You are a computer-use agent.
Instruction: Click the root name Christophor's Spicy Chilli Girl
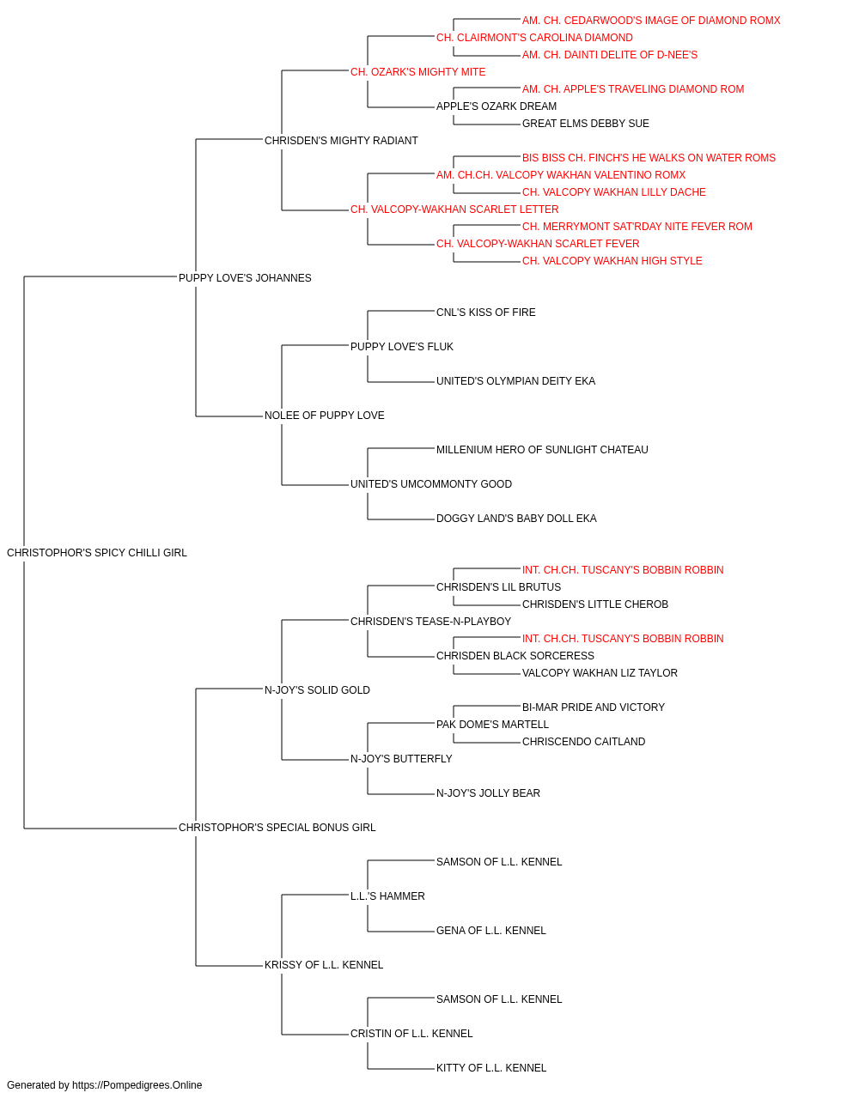point(96,553)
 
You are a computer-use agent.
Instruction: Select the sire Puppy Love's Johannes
point(245,278)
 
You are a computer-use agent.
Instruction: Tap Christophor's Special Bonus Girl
point(277,828)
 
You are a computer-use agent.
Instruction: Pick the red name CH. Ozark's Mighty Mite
point(417,72)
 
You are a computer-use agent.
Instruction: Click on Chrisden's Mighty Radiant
point(341,141)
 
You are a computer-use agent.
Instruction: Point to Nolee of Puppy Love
point(325,416)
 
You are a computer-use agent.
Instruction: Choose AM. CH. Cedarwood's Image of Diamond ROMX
point(651,21)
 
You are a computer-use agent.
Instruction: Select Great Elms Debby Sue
point(585,124)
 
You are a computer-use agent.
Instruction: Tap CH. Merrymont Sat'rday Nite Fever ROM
point(637,227)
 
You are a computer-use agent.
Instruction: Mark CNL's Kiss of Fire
point(485,313)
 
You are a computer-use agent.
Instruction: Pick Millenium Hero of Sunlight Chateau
point(542,450)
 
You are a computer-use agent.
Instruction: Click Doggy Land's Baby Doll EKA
point(516,519)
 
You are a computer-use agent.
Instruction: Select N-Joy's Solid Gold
point(317,690)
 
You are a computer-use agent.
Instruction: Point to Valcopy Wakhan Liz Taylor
point(600,673)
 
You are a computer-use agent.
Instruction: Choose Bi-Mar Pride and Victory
point(594,707)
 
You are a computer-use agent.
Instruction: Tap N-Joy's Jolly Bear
point(488,793)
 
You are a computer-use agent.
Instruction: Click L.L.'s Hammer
point(387,896)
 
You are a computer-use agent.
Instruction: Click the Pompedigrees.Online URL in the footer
point(137,1085)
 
